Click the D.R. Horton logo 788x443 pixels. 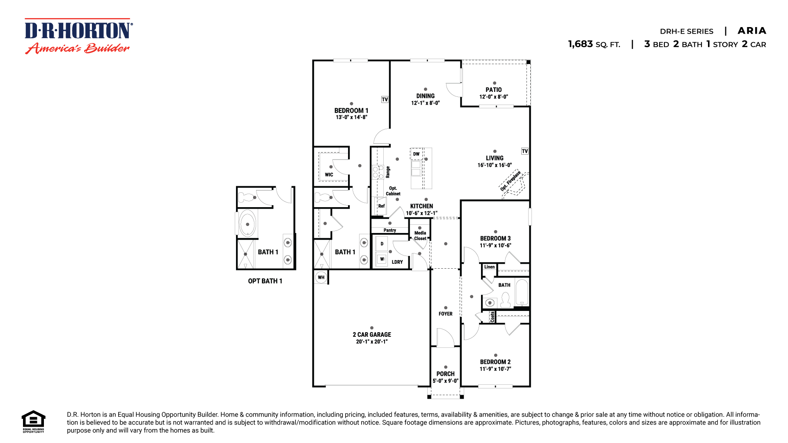click(x=78, y=36)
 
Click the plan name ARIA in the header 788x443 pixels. click(x=751, y=31)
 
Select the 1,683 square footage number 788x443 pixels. click(x=580, y=44)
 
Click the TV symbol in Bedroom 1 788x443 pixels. click(x=385, y=99)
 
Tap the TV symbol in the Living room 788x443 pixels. click(x=525, y=151)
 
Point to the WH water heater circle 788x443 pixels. click(x=321, y=277)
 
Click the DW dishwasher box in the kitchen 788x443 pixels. click(x=416, y=154)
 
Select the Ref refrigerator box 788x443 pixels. click(x=381, y=206)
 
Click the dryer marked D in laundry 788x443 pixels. click(x=382, y=244)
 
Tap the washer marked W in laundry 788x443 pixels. click(x=382, y=259)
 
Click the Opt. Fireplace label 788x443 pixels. click(x=510, y=181)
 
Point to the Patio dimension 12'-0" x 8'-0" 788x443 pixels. click(x=494, y=97)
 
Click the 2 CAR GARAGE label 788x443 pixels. click(x=372, y=335)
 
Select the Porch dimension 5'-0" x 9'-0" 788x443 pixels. click(x=445, y=381)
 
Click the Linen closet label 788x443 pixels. click(x=489, y=267)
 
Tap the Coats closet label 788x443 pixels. click(x=492, y=317)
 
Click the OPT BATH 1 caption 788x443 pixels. click(x=265, y=281)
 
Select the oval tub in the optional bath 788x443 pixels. click(x=247, y=224)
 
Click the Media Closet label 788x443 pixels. click(x=420, y=235)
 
